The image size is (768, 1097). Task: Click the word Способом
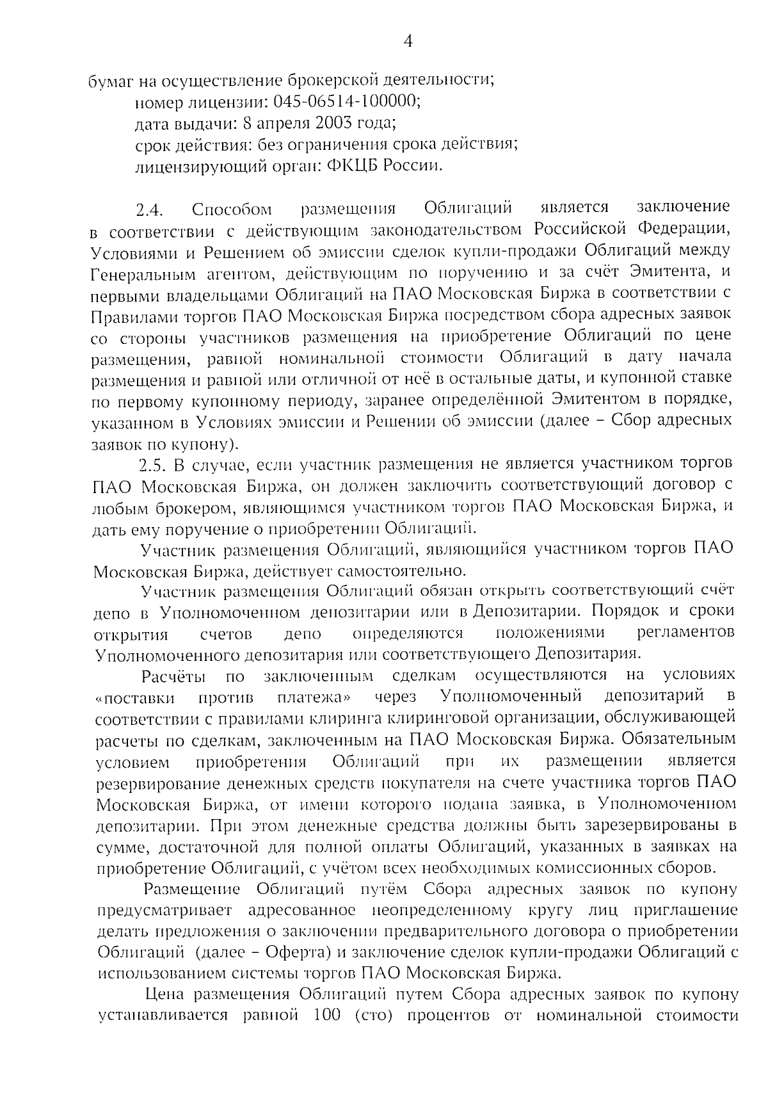(232, 210)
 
